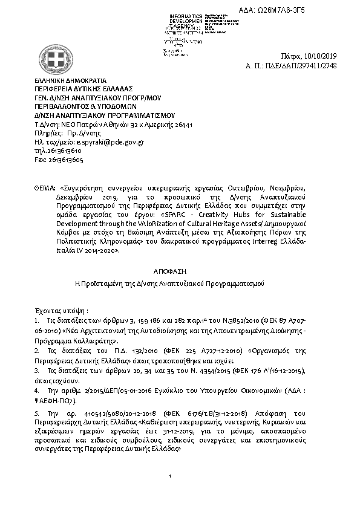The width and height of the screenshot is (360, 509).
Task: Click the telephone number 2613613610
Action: pyautogui.click(x=63, y=151)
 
